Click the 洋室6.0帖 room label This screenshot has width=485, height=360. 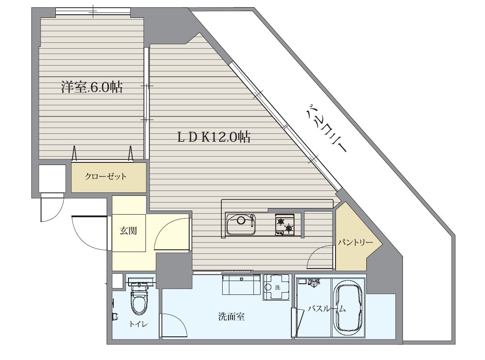tap(92, 87)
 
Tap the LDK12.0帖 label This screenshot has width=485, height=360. tap(214, 137)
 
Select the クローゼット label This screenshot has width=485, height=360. tap(106, 176)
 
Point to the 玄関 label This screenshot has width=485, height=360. tap(128, 231)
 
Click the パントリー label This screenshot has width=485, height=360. tap(355, 243)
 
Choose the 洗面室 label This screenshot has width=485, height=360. tap(231, 317)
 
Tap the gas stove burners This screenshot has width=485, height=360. tap(285, 224)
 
